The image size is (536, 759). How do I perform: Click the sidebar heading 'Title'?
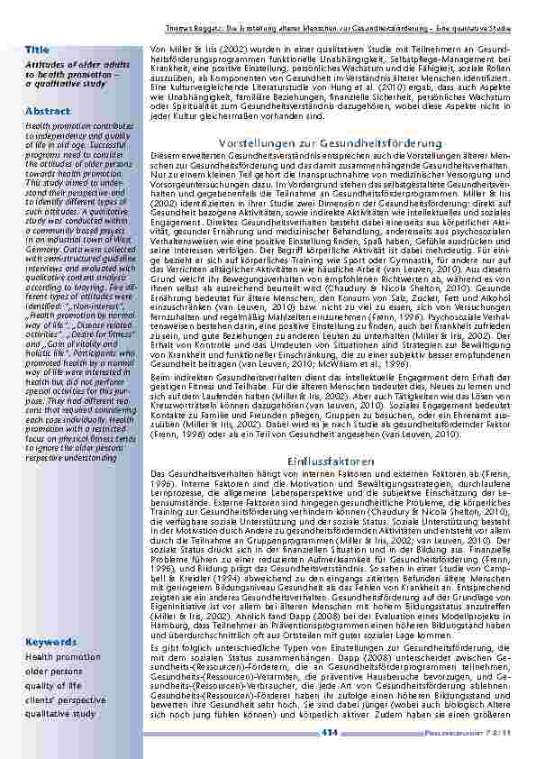click(37, 48)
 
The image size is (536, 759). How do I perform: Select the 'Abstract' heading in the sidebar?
click(49, 111)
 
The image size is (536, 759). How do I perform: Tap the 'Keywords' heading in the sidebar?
click(51, 642)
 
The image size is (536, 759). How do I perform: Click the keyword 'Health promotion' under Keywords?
click(63, 657)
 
